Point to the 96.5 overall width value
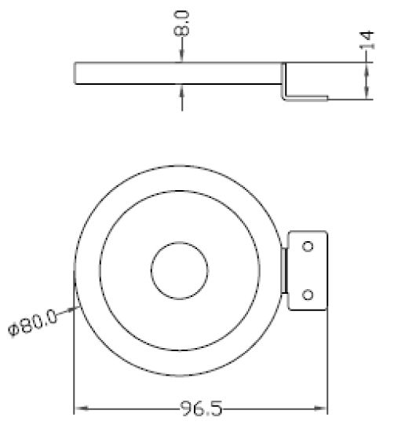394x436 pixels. point(199,409)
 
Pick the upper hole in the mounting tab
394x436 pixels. point(308,246)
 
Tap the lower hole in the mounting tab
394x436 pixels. point(308,295)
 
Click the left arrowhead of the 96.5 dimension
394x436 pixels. point(79,409)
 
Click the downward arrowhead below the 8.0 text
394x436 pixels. point(181,57)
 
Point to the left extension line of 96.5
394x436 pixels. point(74,361)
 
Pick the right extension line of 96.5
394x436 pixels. point(327,361)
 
